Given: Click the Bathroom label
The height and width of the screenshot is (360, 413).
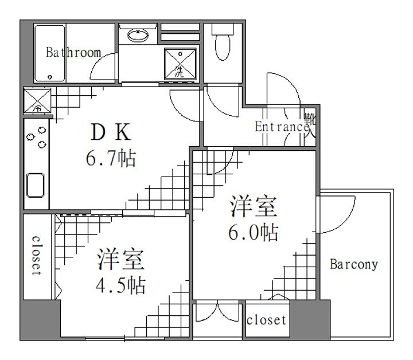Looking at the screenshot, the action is point(73,52).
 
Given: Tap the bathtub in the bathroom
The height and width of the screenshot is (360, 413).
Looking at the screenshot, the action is point(50,53).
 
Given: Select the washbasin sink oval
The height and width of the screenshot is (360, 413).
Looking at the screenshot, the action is point(138,36).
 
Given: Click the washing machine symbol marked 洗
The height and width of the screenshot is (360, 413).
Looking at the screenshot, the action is point(180,64).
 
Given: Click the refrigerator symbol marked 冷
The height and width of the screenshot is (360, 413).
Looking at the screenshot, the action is point(37,101).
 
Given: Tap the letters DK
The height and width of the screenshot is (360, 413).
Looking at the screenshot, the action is point(111,132).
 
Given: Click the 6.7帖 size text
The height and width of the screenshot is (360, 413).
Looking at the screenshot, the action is point(111,158).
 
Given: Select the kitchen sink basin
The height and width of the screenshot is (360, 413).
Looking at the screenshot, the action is point(36,185).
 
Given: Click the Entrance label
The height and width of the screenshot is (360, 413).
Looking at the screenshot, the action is point(282,127).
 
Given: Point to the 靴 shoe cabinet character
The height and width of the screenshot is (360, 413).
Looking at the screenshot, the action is point(310,119).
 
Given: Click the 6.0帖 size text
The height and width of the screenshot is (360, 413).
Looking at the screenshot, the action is point(253,232).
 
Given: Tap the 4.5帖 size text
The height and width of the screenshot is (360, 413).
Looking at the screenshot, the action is point(120,285).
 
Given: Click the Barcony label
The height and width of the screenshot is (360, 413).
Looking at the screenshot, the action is point(354,264).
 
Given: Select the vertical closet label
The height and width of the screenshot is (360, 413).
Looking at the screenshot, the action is point(36,256).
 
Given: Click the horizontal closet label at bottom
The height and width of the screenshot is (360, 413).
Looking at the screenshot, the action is point(266,320).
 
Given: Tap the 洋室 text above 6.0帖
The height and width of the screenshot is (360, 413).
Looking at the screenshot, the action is point(254,206).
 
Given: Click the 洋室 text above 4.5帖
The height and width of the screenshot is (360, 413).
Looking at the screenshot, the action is point(121,260).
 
